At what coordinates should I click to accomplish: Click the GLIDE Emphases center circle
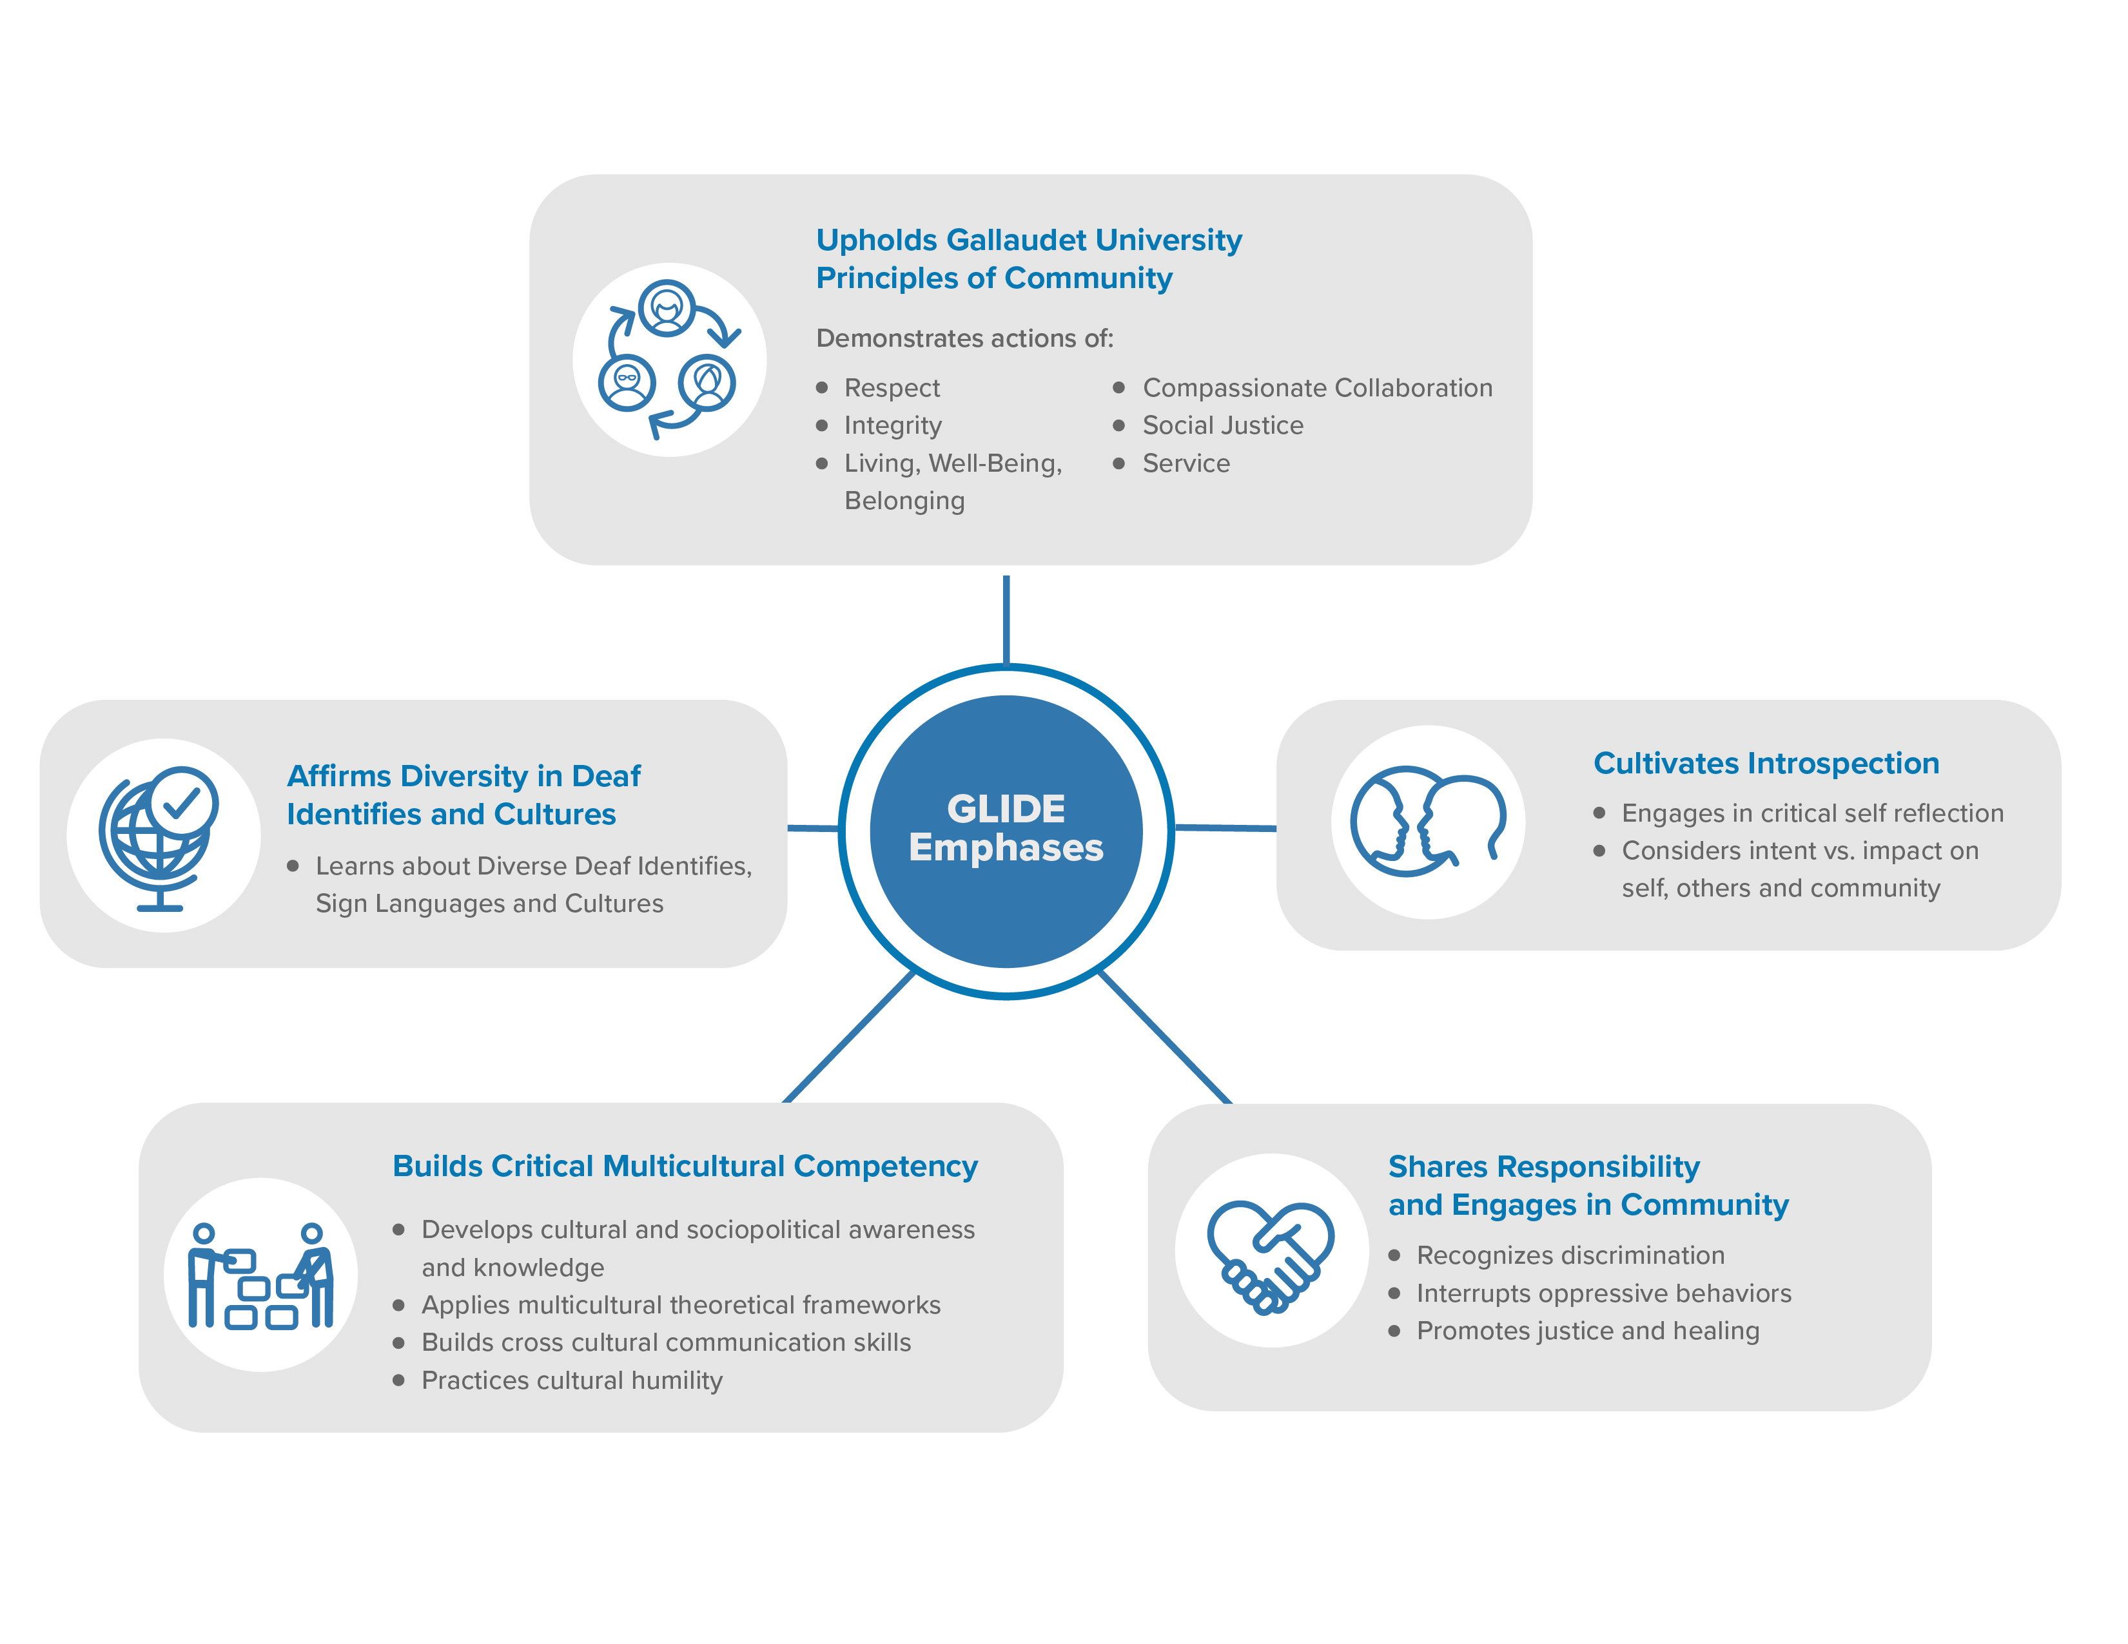click(x=1006, y=830)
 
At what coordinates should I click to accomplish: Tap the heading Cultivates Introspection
click(x=1766, y=764)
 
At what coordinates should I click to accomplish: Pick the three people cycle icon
click(x=669, y=360)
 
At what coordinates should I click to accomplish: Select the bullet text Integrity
click(x=892, y=425)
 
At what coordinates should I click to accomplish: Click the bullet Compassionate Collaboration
click(x=1316, y=387)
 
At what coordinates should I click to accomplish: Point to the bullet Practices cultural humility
click(x=571, y=1380)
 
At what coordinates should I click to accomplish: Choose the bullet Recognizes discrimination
click(x=1570, y=1255)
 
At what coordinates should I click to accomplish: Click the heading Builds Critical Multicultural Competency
click(x=685, y=1166)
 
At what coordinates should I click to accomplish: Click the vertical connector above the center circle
click(x=1006, y=619)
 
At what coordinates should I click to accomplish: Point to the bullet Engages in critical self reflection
click(x=1811, y=813)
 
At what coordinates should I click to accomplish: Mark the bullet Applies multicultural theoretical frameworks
click(x=680, y=1305)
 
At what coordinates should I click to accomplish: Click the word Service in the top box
click(x=1186, y=463)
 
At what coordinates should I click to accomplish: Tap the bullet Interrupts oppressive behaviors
click(x=1603, y=1293)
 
